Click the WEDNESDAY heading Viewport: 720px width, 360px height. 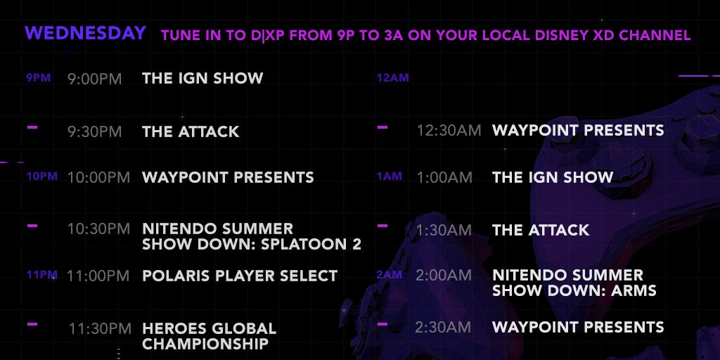(85, 33)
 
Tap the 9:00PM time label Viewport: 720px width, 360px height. (95, 79)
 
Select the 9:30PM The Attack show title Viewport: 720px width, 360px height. (191, 131)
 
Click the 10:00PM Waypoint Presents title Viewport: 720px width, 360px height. (228, 177)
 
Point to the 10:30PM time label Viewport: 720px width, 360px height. (98, 229)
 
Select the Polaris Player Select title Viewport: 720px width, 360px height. (240, 276)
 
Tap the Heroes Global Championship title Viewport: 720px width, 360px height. (210, 336)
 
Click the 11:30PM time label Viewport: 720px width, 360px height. (100, 329)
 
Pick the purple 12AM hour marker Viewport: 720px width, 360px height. (392, 78)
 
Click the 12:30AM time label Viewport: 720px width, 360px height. (449, 130)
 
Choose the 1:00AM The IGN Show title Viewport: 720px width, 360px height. (553, 177)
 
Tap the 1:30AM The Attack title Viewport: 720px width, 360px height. (541, 230)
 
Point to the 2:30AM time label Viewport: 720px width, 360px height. (443, 327)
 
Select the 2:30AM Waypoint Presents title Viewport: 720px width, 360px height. (578, 327)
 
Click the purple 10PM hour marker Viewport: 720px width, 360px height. (41, 176)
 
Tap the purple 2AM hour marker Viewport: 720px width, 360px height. (390, 275)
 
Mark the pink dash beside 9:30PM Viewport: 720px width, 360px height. (32, 127)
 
